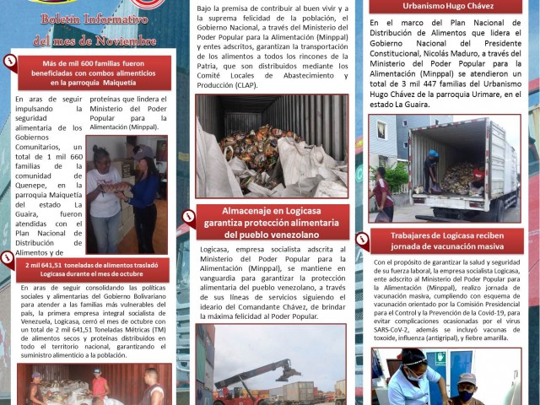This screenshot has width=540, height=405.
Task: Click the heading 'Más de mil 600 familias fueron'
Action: coord(94,73)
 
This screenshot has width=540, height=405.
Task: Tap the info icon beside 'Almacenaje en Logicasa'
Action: coord(189,216)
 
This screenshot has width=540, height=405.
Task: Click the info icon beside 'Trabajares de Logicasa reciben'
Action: coord(362,240)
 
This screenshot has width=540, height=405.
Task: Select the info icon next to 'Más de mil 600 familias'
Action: coord(11,61)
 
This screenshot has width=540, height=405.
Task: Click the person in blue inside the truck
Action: coord(432,169)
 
